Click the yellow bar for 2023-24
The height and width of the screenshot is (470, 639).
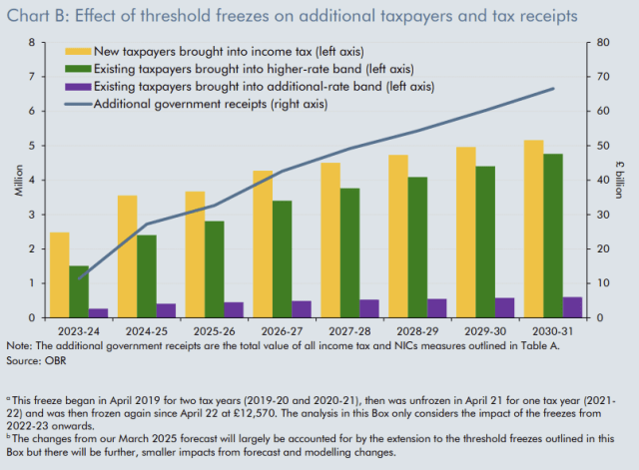[x=60, y=274]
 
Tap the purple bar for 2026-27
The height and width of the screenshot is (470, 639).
[x=301, y=309]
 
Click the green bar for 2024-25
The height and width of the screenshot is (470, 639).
[x=147, y=276]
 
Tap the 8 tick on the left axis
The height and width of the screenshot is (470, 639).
[x=34, y=43]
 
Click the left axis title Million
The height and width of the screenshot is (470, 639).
[x=17, y=180]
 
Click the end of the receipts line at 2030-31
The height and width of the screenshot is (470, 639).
[x=554, y=89]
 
